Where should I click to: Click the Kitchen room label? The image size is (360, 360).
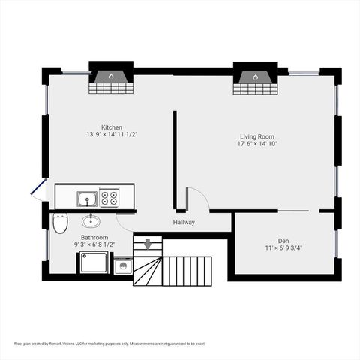pos(112,127)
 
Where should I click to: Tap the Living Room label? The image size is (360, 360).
pos(257,136)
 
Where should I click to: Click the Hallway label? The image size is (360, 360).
pos(184,222)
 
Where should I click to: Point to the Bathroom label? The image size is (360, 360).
pos(94,237)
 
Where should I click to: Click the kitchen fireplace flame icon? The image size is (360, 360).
pos(111,76)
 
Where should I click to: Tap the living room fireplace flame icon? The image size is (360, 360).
pos(255,76)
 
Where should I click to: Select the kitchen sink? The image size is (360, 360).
pos(87,199)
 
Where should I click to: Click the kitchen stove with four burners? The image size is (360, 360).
pos(109,198)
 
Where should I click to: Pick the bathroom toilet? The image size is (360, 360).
pos(60,222)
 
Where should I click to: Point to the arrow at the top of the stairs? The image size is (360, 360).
pos(148,243)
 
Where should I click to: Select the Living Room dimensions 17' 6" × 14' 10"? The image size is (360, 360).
pos(257,145)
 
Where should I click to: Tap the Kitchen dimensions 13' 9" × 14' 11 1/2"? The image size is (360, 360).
pos(112,135)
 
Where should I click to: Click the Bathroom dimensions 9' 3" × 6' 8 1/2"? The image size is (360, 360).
pos(94,244)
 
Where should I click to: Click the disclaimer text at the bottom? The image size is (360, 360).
pos(109,343)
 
